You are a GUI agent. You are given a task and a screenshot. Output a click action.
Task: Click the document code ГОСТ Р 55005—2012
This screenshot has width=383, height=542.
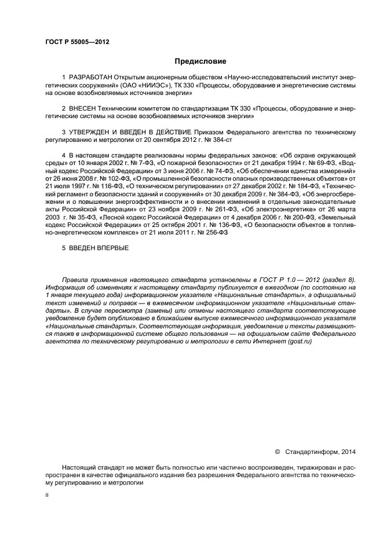pos(76,42)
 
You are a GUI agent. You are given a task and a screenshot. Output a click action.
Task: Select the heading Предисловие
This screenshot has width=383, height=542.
pos(200,61)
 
